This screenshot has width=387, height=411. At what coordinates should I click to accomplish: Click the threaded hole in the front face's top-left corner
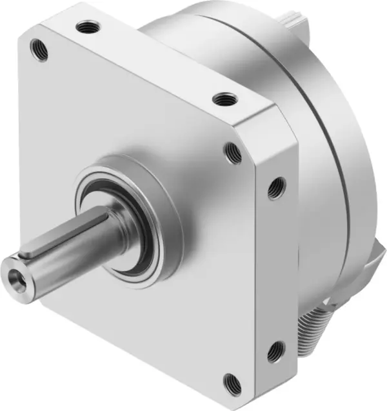pos(39,50)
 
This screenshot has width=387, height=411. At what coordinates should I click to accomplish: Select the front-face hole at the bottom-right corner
pos(233,385)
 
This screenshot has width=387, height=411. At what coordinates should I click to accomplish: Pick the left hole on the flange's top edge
pos(88,27)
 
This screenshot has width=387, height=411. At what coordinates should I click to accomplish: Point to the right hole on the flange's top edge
pos(224,100)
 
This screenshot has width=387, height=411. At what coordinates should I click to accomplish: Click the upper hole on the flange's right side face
pos(276,188)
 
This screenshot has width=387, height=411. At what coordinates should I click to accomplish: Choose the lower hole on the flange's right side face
pos(276,352)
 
